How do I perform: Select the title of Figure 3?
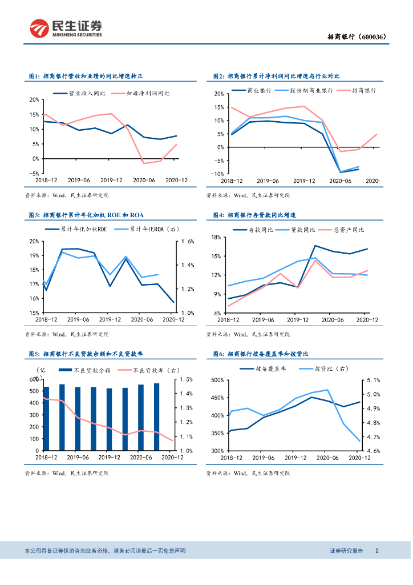tap(86, 215)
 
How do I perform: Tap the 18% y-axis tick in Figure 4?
tap(216, 237)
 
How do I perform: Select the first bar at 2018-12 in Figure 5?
tap(46, 418)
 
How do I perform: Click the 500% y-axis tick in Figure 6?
tap(216, 380)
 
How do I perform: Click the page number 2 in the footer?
tap(378, 551)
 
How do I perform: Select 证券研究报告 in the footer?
tap(346, 551)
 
